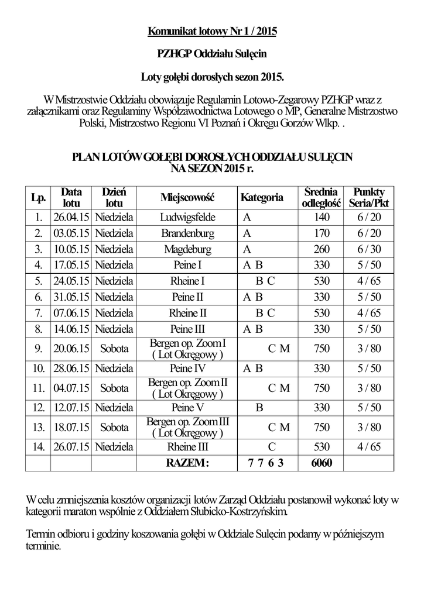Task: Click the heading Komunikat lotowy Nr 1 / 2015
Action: (x=211, y=31)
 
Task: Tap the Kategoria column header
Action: (x=262, y=198)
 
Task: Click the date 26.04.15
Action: (x=70, y=218)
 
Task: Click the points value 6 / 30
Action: (x=368, y=249)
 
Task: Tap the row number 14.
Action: (x=38, y=447)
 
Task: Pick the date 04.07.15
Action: (x=70, y=388)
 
